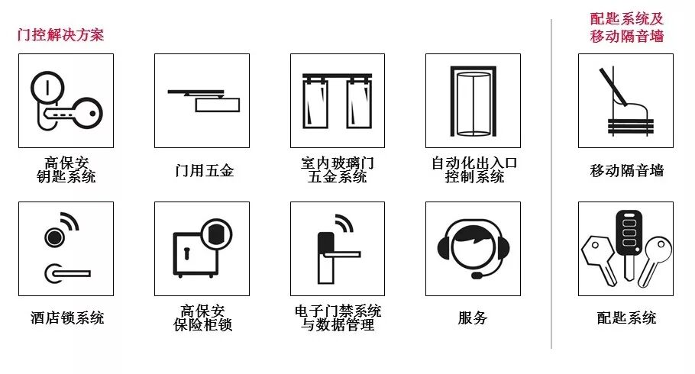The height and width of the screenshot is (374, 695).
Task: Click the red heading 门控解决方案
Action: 60,34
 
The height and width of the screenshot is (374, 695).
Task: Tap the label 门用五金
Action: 202,171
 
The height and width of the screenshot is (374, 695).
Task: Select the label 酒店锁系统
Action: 66,318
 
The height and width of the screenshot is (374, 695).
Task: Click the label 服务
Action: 473,318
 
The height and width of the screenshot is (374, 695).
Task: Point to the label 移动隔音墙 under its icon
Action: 626,171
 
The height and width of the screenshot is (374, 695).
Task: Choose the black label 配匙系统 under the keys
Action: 626,318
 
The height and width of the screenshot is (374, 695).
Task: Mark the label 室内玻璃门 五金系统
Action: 337,170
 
